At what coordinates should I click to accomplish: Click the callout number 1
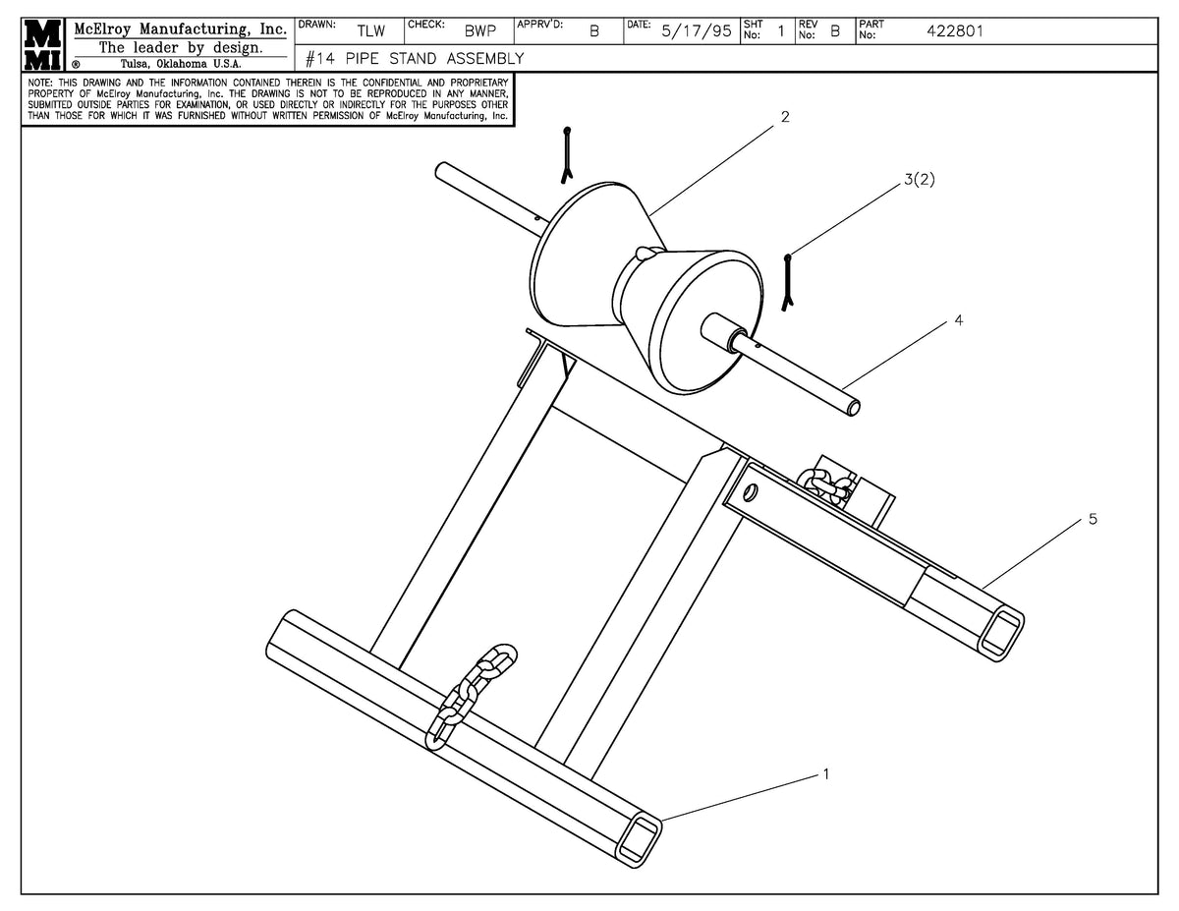tap(825, 774)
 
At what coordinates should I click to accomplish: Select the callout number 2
tap(785, 117)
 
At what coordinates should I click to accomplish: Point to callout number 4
tap(959, 320)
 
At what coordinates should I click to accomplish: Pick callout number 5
tap(1093, 519)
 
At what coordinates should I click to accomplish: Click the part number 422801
tap(955, 31)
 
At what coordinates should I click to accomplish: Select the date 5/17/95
tap(696, 31)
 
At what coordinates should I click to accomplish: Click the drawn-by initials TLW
tap(370, 31)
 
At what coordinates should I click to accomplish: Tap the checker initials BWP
tap(480, 31)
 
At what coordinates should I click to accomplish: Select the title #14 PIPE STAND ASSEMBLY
tap(415, 59)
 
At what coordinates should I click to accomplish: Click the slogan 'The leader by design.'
tap(181, 47)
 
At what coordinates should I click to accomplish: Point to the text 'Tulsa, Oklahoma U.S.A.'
tap(181, 64)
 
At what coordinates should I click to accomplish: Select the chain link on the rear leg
tap(823, 482)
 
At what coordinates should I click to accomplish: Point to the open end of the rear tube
tap(1000, 630)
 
